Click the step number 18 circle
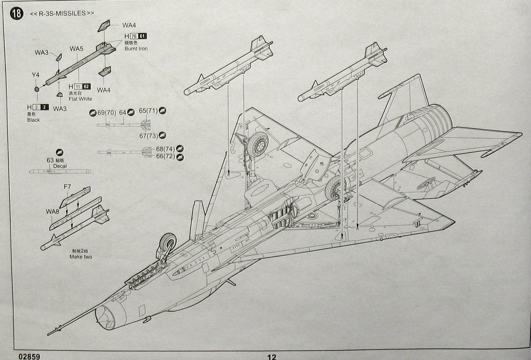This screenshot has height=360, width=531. (x=17, y=13)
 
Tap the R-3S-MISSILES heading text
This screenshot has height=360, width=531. (x=62, y=13)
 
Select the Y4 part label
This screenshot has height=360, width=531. (x=36, y=75)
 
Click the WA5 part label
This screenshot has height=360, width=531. (x=76, y=49)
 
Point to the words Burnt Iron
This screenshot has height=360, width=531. (x=136, y=49)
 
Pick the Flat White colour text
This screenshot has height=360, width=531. (x=80, y=99)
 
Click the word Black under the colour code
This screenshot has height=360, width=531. (x=34, y=120)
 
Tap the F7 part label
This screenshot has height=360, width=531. (x=67, y=187)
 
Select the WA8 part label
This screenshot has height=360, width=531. (x=53, y=212)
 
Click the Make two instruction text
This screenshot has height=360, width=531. (x=81, y=257)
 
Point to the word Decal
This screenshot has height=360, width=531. (x=60, y=166)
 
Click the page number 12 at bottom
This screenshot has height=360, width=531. (x=272, y=356)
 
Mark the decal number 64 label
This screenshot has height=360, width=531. (x=123, y=113)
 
